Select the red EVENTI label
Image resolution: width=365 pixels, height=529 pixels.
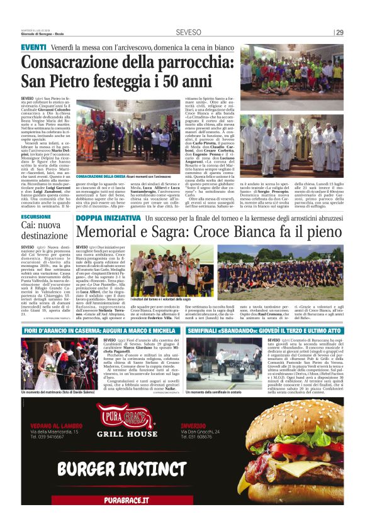[x=33, y=48]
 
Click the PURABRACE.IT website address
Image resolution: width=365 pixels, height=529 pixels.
[x=127, y=500]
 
